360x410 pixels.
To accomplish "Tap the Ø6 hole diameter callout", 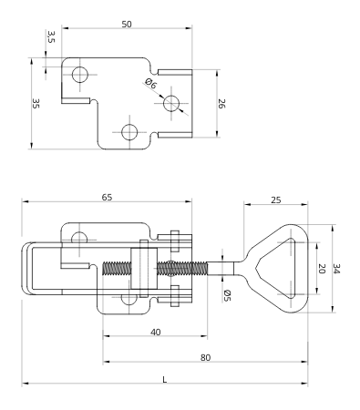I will coord(151,85).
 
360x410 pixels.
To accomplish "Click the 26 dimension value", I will coord(221,104).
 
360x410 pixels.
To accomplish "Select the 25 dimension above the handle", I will coord(274,199).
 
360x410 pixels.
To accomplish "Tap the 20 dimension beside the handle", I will coord(320,270).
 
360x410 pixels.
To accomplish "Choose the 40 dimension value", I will coord(155,333).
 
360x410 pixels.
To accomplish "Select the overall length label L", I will coord(164,379).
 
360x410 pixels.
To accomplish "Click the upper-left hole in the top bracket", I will coord(80,74).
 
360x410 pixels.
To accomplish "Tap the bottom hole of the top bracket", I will coord(129,132).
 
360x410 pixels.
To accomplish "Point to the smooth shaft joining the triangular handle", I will coord(229,268).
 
